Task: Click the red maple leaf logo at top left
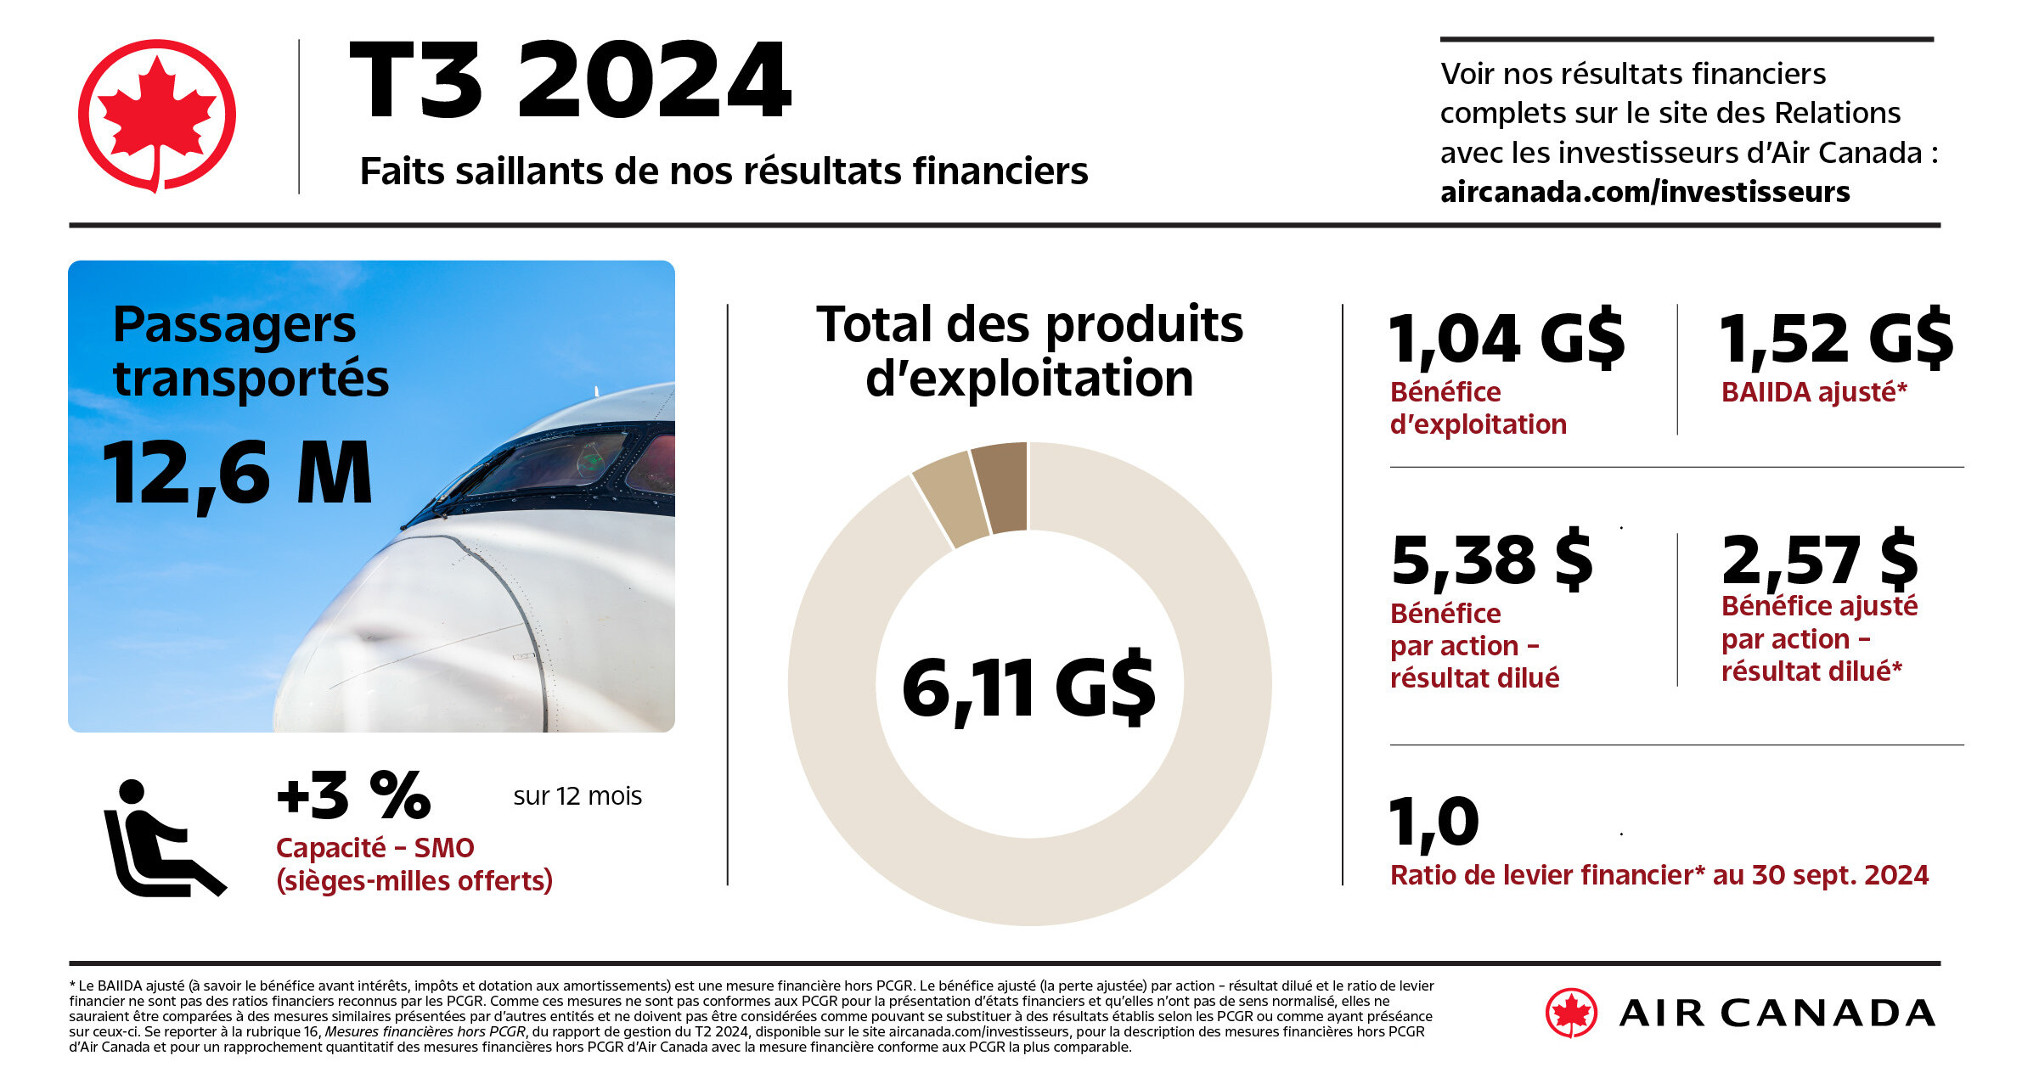tap(157, 115)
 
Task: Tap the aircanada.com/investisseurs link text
tap(1644, 192)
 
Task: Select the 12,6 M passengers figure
tap(238, 474)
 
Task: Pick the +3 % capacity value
tap(353, 796)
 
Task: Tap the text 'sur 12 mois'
tap(577, 796)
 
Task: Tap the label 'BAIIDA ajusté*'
tap(1814, 392)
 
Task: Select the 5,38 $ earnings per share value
tap(1491, 560)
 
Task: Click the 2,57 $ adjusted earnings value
tap(1819, 560)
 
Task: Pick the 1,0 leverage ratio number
tap(1433, 822)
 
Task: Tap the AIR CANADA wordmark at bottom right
tap(1777, 1014)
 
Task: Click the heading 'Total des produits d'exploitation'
tap(1029, 351)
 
